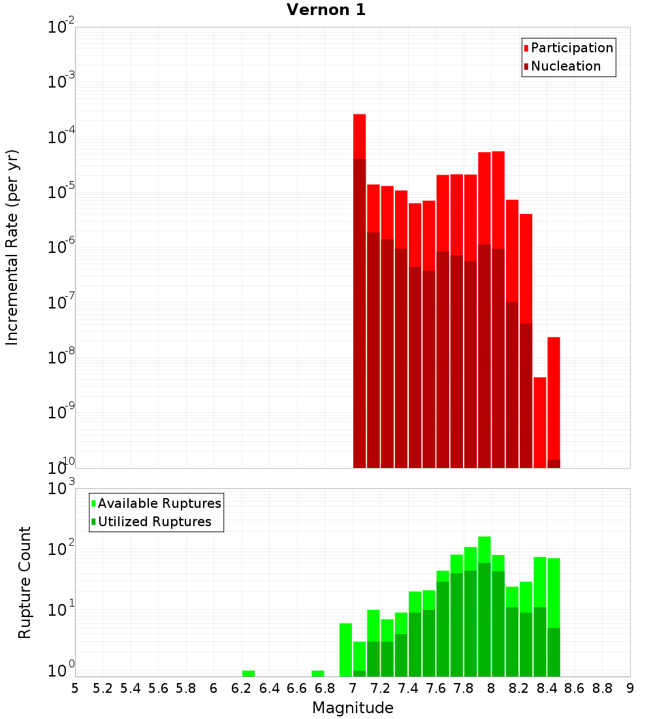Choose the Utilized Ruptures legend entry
point(154,522)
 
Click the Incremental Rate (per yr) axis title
point(12,247)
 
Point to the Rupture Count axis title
point(25,582)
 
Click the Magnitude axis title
point(353,708)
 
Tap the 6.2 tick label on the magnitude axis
point(241,688)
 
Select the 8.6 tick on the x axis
point(575,688)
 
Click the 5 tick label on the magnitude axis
point(75,688)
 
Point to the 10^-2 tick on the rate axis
point(61,27)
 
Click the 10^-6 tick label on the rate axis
point(61,248)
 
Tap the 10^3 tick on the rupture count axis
point(61,488)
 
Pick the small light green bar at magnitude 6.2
point(248,673)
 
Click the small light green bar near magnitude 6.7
point(318,673)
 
